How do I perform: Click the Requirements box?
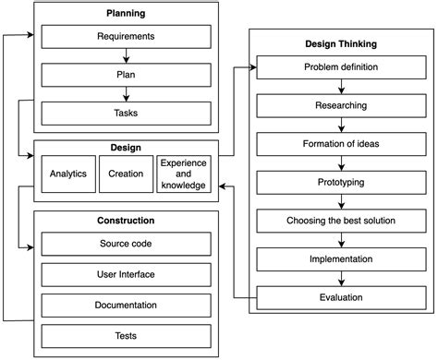[x=126, y=38]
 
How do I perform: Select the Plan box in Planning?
[x=126, y=76]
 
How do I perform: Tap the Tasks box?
[x=126, y=113]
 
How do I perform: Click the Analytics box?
[x=67, y=174]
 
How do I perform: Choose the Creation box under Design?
[x=126, y=174]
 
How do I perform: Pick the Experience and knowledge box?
[x=183, y=174]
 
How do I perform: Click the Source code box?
[x=126, y=244]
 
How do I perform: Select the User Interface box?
[x=126, y=274]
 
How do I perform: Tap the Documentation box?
[x=126, y=305]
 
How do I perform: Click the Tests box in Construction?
[x=126, y=335]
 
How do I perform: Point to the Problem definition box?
[x=341, y=68]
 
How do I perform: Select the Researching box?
[x=341, y=106]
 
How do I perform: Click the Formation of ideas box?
[x=341, y=144]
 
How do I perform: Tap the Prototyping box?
[x=341, y=183]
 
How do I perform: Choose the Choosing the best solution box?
[x=341, y=221]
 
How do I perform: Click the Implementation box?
[x=341, y=259]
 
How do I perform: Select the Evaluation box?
[x=341, y=297]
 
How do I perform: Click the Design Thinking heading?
[x=341, y=43]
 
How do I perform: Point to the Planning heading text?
[x=126, y=15]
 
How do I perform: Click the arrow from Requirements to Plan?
[x=126, y=56]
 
